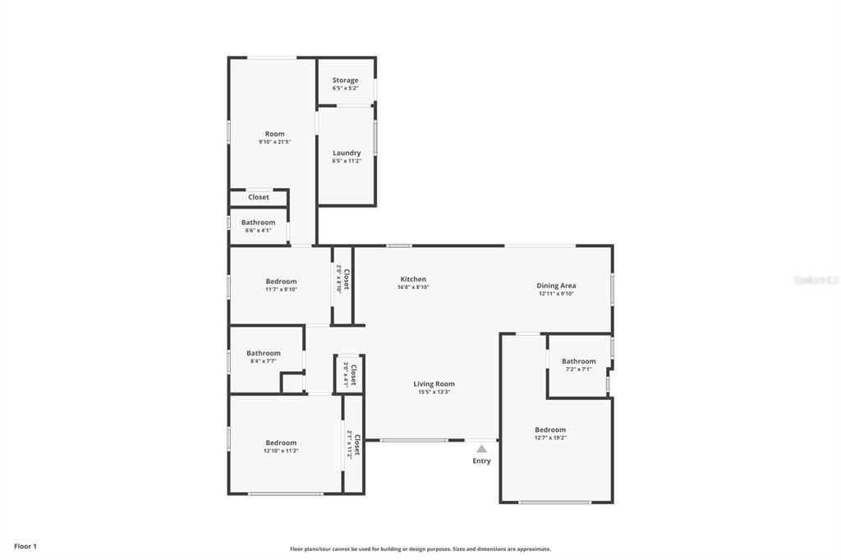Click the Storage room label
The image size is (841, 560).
pos(345,80)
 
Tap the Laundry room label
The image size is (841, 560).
pos(347,153)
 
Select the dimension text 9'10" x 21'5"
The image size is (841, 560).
pos(274,142)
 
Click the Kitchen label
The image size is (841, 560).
pos(413,279)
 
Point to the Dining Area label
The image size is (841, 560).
pos(557,286)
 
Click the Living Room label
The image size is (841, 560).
pos(434,383)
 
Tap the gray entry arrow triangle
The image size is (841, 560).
pos(481,448)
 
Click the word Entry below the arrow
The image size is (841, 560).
pos(481,461)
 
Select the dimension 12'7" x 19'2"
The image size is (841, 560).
pos(550,438)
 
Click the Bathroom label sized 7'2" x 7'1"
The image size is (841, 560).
pos(578,361)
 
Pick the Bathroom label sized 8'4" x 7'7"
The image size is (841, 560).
pos(264,353)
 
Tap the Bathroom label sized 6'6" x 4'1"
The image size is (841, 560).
pos(258,223)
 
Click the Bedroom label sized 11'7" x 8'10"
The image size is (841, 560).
pos(281,282)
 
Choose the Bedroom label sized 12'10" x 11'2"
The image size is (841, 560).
pos(281,443)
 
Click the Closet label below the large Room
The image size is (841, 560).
pos(258,197)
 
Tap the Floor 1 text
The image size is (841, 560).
pos(25,546)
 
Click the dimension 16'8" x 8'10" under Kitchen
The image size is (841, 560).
pos(413,287)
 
